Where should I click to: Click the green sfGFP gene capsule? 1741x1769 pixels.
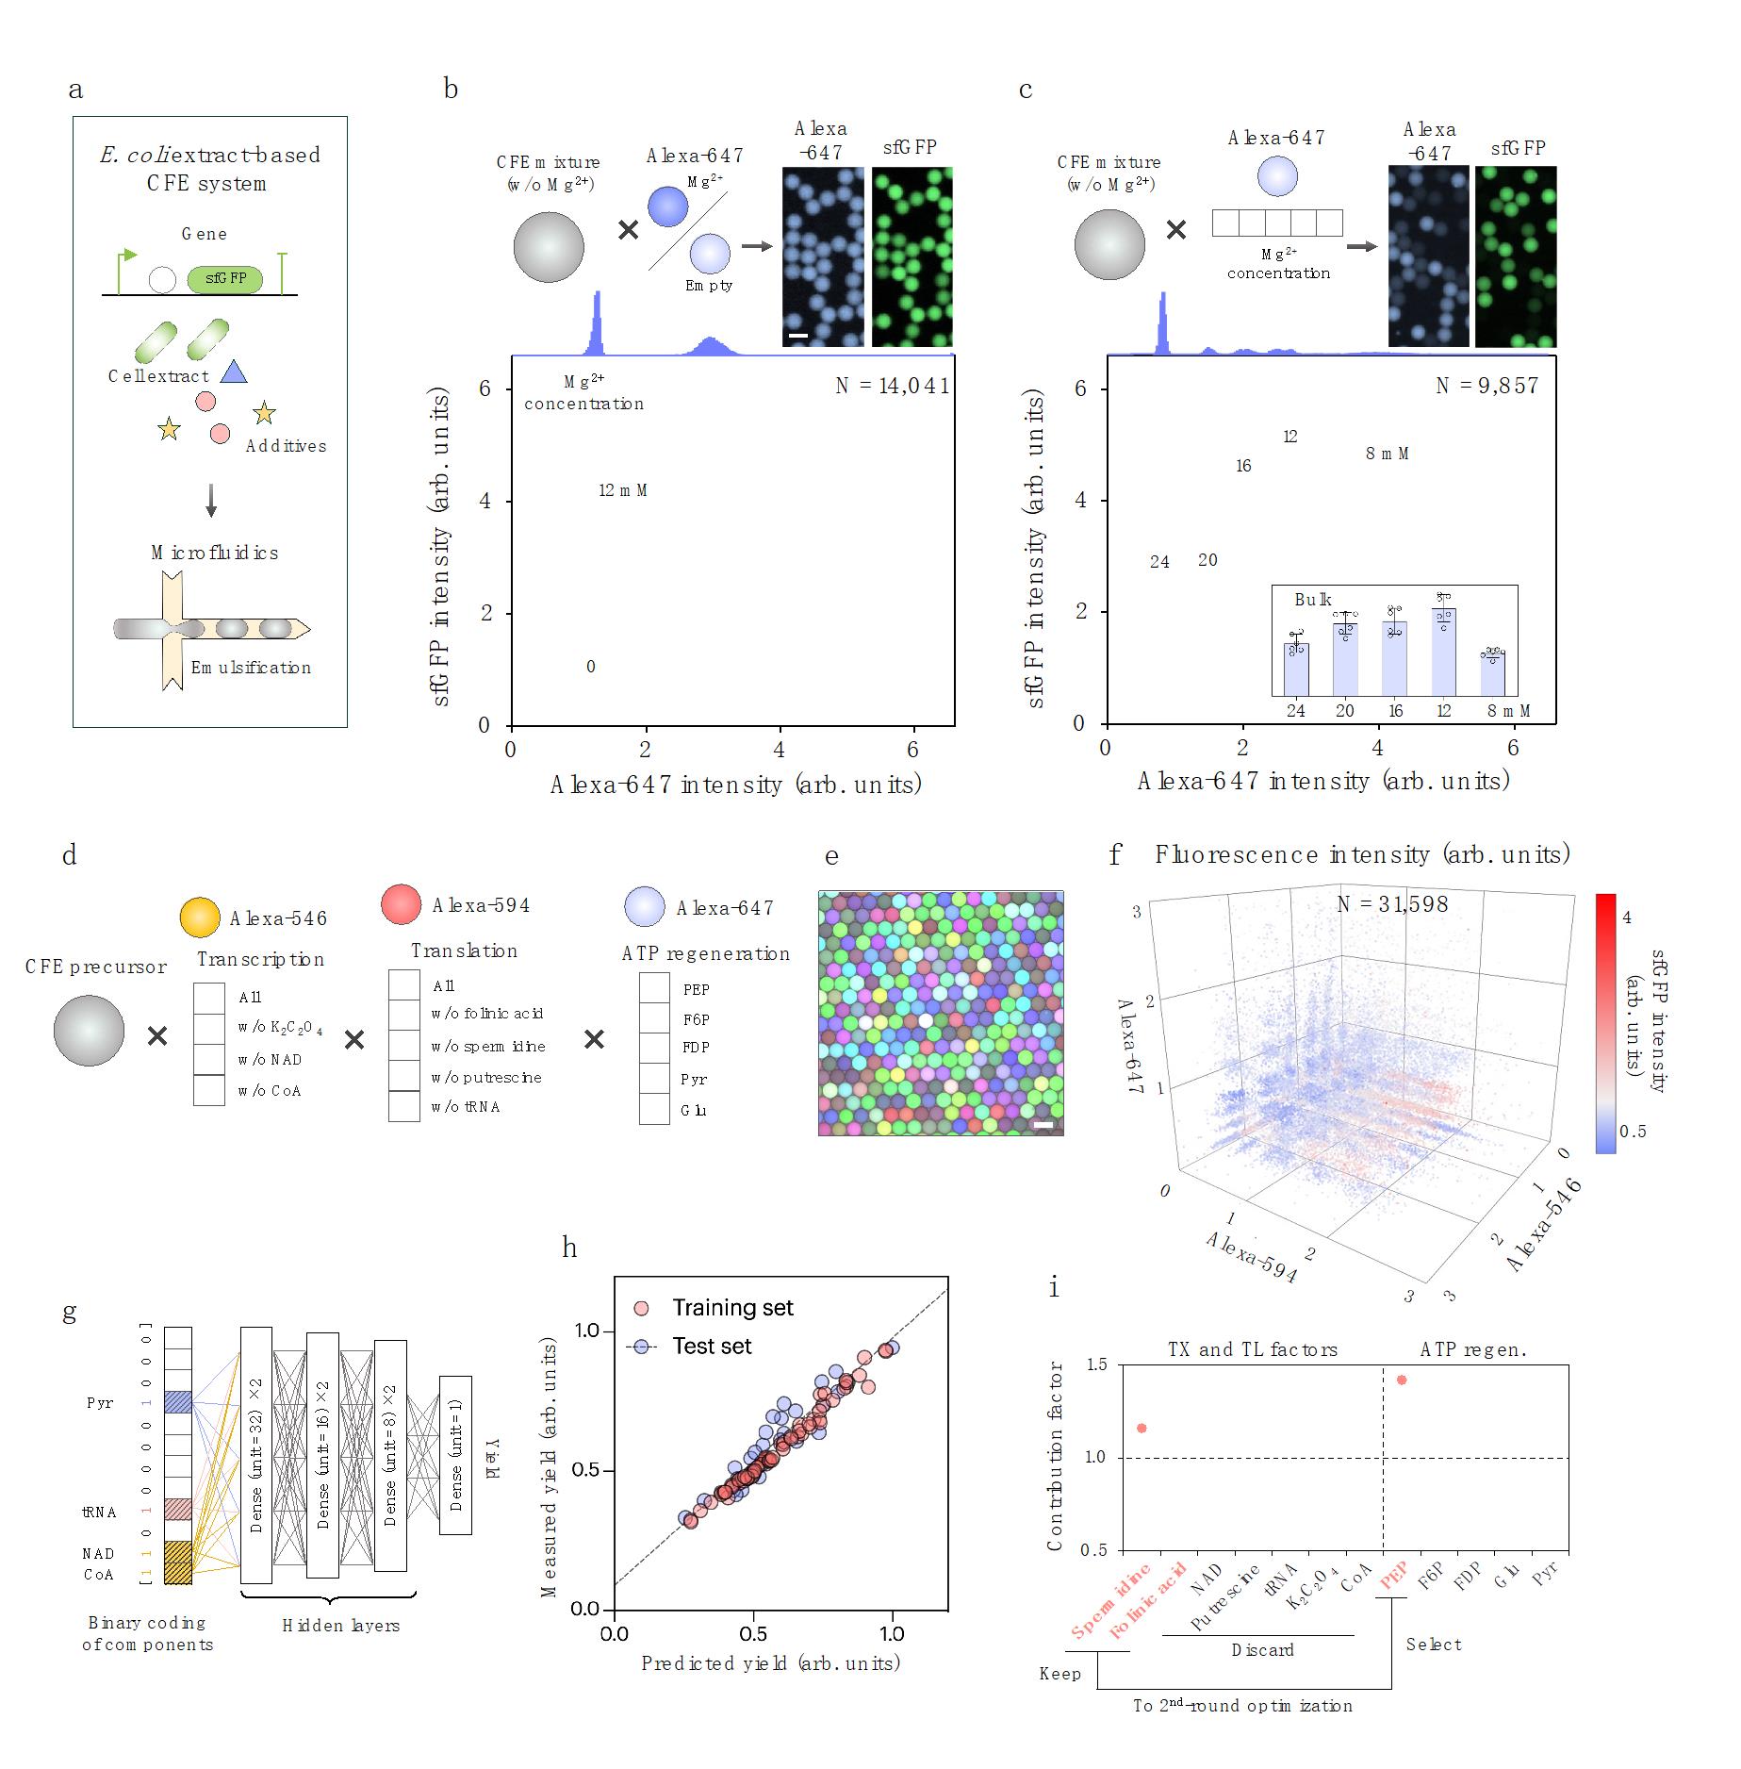coord(224,279)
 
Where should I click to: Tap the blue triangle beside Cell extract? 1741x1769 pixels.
coord(233,373)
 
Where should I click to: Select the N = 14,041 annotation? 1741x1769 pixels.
coord(892,386)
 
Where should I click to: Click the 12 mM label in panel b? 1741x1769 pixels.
coord(622,490)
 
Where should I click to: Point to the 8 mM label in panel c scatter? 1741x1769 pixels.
coord(1387,454)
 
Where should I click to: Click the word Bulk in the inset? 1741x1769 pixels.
coord(1312,600)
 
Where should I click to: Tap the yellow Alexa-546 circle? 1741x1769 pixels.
coord(200,918)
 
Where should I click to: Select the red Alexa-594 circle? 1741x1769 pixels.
coord(401,904)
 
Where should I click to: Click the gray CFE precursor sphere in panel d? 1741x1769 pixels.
coord(89,1032)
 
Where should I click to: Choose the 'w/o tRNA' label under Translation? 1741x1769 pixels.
coord(466,1107)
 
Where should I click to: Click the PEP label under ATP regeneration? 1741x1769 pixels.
coord(696,990)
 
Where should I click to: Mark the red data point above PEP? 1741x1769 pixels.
coord(1402,1380)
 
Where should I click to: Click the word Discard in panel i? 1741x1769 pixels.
coord(1262,1650)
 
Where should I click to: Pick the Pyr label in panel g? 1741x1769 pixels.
coord(100,1403)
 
